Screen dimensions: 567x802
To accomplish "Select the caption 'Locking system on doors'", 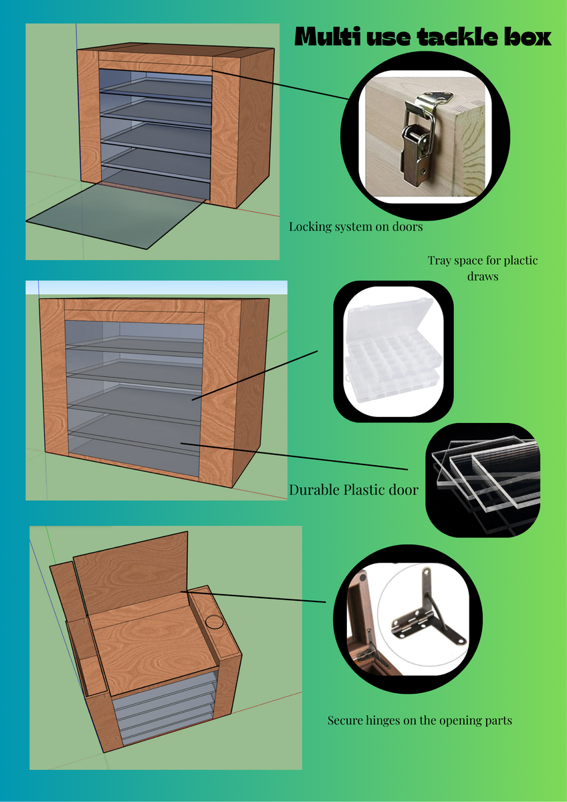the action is coord(356,227).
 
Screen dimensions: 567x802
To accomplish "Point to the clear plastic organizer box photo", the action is coord(393,352).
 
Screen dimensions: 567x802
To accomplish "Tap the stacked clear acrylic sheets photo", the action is coord(483,479).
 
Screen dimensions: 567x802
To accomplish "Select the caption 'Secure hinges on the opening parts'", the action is coord(419,720).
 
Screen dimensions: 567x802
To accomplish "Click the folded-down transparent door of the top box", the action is coord(116,215).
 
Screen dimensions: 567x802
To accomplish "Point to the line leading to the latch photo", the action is coord(279,84).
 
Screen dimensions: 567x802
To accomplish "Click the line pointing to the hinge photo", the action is coord(253,596).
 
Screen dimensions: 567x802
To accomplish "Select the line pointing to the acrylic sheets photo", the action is coord(294,456).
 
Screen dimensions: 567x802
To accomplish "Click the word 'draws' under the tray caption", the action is coord(483,277).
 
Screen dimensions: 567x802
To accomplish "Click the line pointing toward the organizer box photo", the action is coord(255,375).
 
